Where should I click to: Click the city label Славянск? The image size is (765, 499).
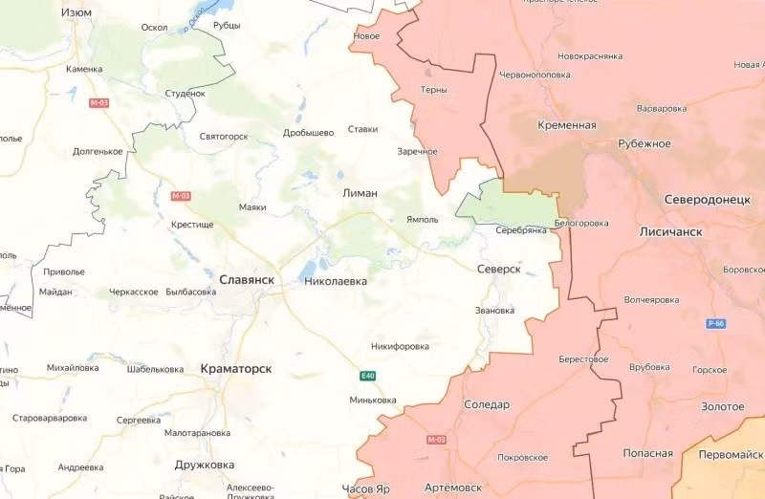[x=247, y=279]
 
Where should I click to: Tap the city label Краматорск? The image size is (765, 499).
[x=236, y=368]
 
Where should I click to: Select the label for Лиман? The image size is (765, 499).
[x=360, y=193]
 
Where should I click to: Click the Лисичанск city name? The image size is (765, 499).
[x=670, y=232]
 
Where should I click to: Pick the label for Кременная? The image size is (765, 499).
[x=567, y=125]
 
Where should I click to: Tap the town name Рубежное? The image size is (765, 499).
[x=644, y=144]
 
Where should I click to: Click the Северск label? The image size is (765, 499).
[x=498, y=271]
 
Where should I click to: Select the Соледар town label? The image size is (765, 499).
[x=487, y=404]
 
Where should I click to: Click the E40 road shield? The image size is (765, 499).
[x=368, y=376]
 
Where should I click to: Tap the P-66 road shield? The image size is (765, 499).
[x=717, y=324]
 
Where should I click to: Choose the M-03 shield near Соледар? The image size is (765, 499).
[x=436, y=440]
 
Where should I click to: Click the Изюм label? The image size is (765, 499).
[x=76, y=12]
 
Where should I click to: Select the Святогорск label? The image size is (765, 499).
[x=223, y=137]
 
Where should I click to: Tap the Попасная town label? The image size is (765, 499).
[x=647, y=453]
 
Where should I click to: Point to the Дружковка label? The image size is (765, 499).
[x=205, y=466]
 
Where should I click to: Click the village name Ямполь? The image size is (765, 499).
[x=422, y=219]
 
